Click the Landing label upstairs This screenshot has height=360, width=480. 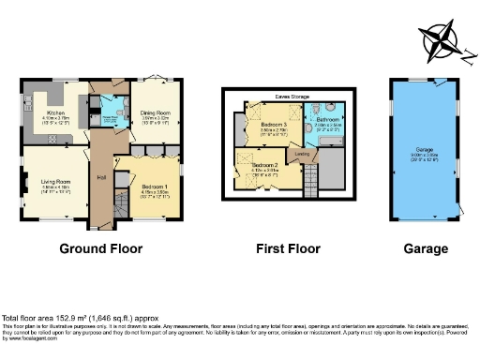[x=303, y=155]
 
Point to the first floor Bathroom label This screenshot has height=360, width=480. [x=326, y=120]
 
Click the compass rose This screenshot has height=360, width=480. [x=441, y=43]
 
